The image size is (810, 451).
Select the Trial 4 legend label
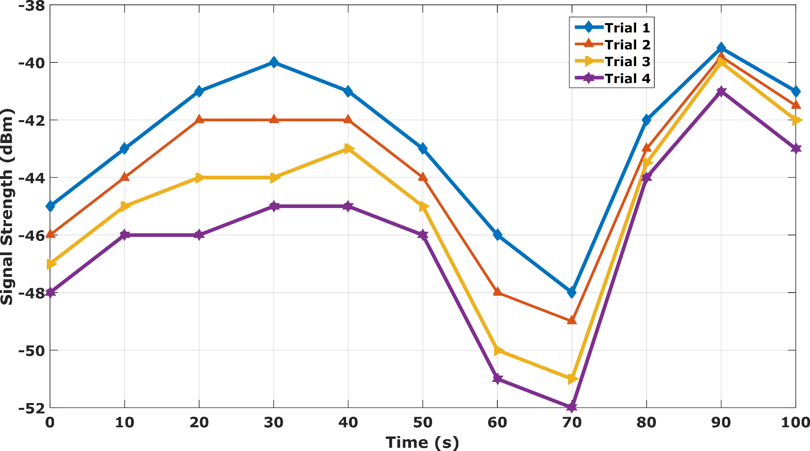[627, 79]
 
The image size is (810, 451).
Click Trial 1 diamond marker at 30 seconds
[273, 62]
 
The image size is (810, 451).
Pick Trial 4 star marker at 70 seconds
[572, 407]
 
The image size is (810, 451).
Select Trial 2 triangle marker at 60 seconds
[497, 292]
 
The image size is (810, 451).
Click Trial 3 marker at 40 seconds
[348, 149]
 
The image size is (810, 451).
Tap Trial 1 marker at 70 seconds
[572, 292]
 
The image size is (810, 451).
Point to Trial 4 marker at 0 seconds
[50, 292]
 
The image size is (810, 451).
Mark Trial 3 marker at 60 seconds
[497, 350]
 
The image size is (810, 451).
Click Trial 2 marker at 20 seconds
[199, 120]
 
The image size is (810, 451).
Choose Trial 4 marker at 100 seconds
[795, 149]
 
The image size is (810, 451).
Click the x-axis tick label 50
[422, 422]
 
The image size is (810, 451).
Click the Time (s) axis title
[422, 443]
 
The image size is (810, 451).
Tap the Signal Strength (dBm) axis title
[7, 206]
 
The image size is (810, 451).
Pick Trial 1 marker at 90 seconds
[721, 48]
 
